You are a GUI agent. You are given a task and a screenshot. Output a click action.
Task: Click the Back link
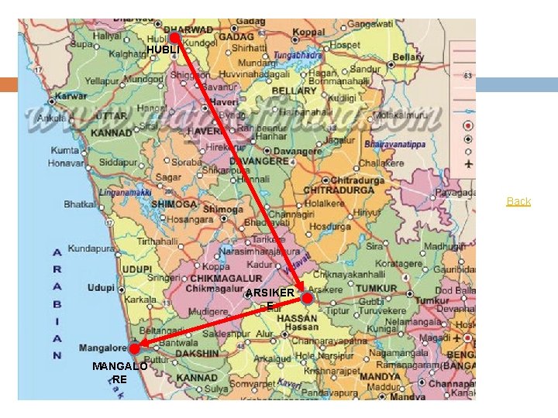point(518,201)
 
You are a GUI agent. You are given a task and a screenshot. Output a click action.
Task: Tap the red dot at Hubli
point(175,37)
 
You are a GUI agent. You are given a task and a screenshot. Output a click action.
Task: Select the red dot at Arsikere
point(308,298)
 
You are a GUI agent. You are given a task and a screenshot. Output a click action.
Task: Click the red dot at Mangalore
point(134,349)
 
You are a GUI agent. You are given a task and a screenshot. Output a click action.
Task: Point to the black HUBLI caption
point(162,51)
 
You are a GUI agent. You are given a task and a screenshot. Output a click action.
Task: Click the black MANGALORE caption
point(119,372)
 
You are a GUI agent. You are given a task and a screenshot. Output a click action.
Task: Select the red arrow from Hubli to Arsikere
point(240,166)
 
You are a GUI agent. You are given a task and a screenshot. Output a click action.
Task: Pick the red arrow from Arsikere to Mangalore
point(221,324)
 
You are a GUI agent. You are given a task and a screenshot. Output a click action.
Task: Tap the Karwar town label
point(71,98)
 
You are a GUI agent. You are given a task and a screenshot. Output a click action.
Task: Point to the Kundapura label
point(91,249)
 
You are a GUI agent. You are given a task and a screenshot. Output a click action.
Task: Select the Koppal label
point(308,33)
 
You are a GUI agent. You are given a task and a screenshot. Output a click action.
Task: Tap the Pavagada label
point(455,192)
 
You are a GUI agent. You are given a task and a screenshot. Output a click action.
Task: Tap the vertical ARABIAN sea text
point(57,303)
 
